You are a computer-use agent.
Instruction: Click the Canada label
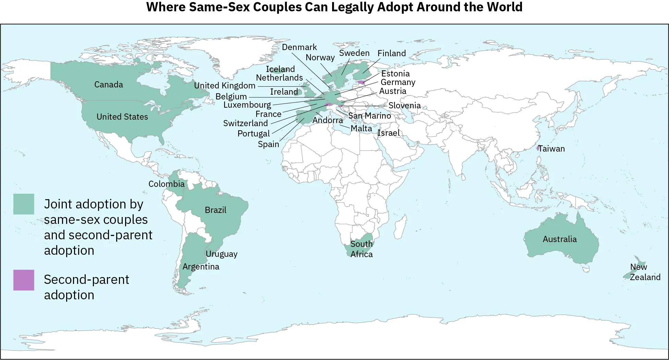click(109, 85)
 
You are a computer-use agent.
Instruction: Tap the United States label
click(122, 117)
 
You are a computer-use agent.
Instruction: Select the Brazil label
click(216, 210)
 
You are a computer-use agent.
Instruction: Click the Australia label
click(560, 239)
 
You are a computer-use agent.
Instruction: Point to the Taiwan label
click(551, 149)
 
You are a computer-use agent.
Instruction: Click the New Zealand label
click(645, 272)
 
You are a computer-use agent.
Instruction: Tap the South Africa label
click(362, 249)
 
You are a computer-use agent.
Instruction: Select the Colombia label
click(167, 184)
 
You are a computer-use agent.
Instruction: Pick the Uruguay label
click(221, 254)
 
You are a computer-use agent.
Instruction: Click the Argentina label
click(201, 267)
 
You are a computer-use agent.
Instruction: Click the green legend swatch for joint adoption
click(24, 204)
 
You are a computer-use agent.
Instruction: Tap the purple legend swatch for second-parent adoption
click(24, 280)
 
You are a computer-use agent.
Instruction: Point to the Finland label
click(392, 53)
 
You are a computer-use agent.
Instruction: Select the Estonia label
click(396, 74)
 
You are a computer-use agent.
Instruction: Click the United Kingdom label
click(225, 86)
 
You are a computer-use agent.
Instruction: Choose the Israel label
click(388, 133)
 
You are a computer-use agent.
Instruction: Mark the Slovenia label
click(404, 106)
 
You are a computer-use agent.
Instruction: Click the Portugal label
click(254, 134)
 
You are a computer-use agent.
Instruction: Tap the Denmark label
click(300, 47)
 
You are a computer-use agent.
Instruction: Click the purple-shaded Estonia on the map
click(361, 82)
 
